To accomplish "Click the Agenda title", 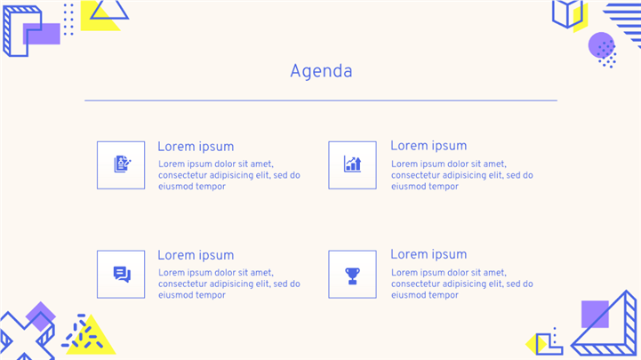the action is pyautogui.click(x=321, y=72).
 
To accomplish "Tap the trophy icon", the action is pyautogui.click(x=352, y=276).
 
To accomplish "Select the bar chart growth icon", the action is pyautogui.click(x=352, y=164).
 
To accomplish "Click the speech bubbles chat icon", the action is pyautogui.click(x=122, y=274).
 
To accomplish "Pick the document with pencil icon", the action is pyautogui.click(x=122, y=164).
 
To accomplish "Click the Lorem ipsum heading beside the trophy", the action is pyautogui.click(x=429, y=254).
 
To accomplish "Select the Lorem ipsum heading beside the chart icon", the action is pyautogui.click(x=429, y=146).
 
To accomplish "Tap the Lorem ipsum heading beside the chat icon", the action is pyautogui.click(x=196, y=255).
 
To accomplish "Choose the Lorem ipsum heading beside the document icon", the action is pyautogui.click(x=196, y=147).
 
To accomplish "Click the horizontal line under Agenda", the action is pyautogui.click(x=321, y=100).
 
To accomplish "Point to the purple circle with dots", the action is pyautogui.click(x=601, y=45).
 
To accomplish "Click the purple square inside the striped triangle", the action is pyautogui.click(x=595, y=315).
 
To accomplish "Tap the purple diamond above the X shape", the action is pyautogui.click(x=41, y=316).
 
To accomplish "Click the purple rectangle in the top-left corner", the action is pyautogui.click(x=41, y=34).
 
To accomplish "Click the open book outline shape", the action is pyautogui.click(x=567, y=14).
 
